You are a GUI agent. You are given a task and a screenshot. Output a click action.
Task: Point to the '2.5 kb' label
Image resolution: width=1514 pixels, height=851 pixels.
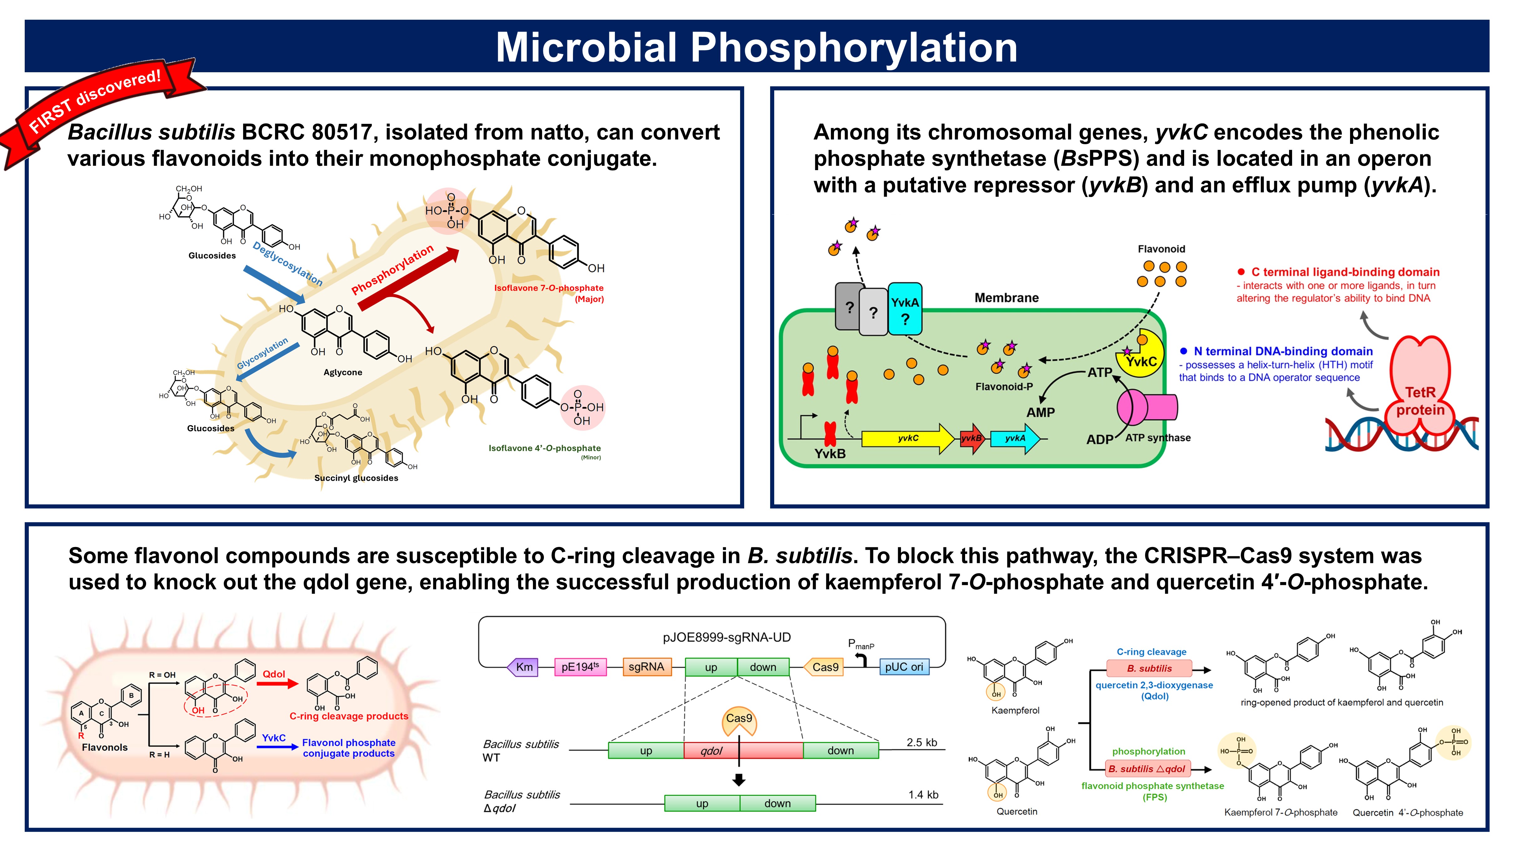pos(922,742)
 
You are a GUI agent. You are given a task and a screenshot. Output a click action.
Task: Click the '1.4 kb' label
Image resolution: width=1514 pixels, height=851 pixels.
pos(923,795)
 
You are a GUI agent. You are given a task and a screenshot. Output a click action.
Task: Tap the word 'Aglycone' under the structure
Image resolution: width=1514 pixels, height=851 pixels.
pos(343,372)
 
